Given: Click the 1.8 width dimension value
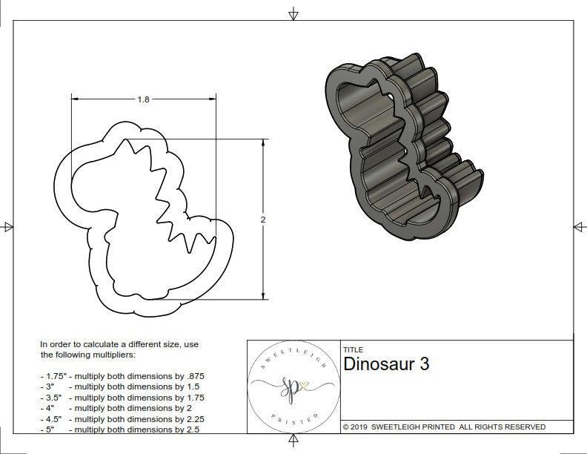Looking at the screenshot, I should pyautogui.click(x=143, y=99).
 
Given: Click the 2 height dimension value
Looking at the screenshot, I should pyautogui.click(x=263, y=220).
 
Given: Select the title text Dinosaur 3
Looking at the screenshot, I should pyautogui.click(x=386, y=364).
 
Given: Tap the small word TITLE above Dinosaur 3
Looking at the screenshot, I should pyautogui.click(x=353, y=350).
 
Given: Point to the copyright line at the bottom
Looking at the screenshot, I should pyautogui.click(x=444, y=427).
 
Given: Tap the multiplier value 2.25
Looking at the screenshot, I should pyautogui.click(x=192, y=418).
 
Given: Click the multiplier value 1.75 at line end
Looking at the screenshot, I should pyautogui.click(x=192, y=398).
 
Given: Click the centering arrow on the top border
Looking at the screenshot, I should pyautogui.click(x=293, y=13).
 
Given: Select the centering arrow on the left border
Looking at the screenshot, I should pyautogui.click(x=7, y=227).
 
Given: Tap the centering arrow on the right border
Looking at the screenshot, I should pyautogui.click(x=580, y=227).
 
